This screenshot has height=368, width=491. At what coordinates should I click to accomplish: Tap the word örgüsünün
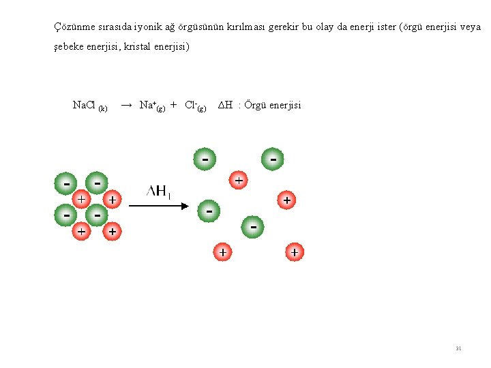[201, 28]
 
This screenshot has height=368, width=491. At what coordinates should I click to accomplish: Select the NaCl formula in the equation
[85, 105]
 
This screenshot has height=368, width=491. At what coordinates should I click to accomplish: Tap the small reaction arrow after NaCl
[126, 105]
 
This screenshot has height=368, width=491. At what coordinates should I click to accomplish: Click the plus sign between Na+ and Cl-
[174, 105]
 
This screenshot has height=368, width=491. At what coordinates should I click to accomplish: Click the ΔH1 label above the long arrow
[158, 191]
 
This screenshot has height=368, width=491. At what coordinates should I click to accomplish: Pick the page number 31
[459, 348]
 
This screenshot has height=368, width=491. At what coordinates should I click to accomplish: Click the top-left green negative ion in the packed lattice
[65, 183]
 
